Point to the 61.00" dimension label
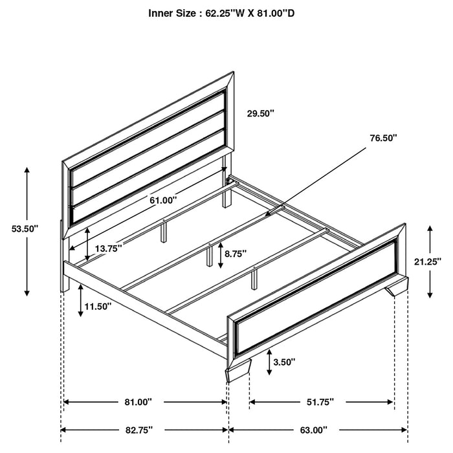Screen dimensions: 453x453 click(x=162, y=201)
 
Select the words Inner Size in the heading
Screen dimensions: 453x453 click(x=171, y=12)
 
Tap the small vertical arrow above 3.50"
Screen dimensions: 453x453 click(x=271, y=363)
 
